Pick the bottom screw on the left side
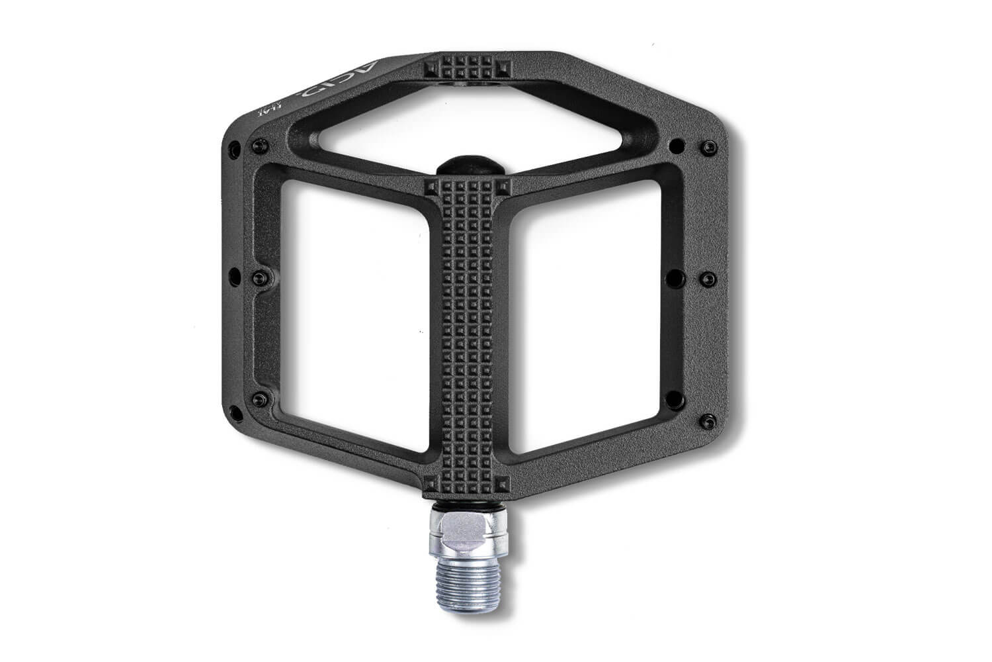[257, 398]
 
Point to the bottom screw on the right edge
[706, 418]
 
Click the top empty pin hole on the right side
[675, 144]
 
